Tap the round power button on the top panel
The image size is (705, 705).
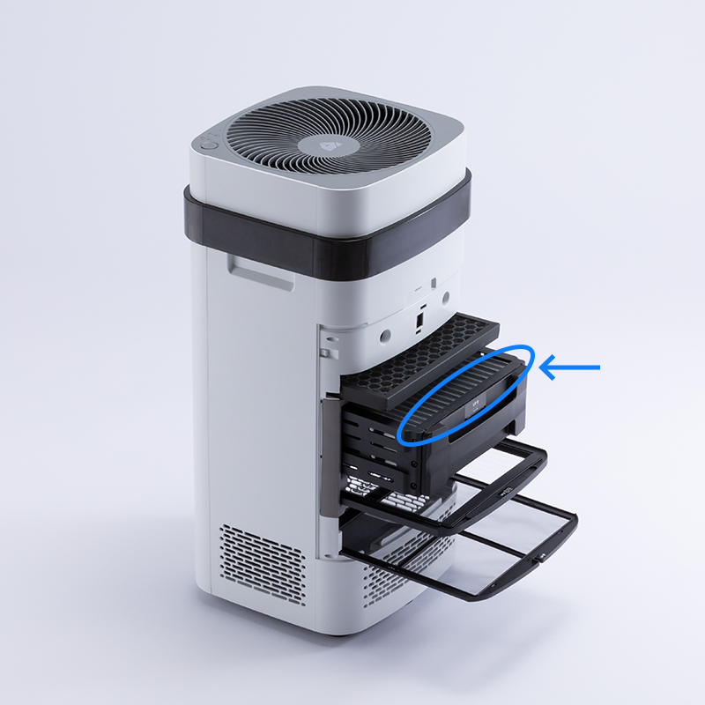click(208, 141)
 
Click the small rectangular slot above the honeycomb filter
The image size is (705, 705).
click(420, 315)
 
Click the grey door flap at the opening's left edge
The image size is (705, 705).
click(329, 449)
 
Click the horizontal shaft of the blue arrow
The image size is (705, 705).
click(577, 367)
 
